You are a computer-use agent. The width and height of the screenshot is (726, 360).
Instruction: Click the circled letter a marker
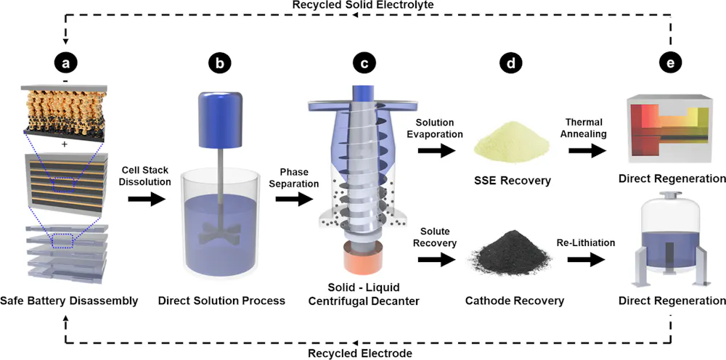pos(68,64)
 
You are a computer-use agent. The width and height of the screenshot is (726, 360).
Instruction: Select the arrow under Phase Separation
pos(292,198)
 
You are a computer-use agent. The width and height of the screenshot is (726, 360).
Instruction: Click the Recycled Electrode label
pos(362,353)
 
